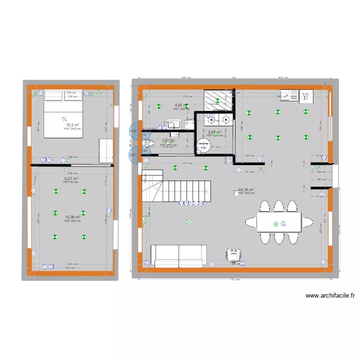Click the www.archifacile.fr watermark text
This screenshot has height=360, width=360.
330,296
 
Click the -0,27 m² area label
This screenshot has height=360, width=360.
71,179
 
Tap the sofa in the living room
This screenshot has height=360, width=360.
179,255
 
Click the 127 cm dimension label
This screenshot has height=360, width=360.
249,171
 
